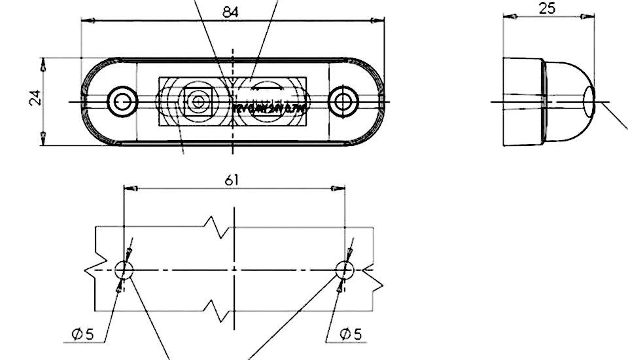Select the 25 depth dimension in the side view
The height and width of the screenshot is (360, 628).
pos(546,8)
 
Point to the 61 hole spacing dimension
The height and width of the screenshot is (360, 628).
pos(232,180)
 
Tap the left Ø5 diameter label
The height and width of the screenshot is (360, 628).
pos(83,334)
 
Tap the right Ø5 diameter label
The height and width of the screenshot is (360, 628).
pos(351,334)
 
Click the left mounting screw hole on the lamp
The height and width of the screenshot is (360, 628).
pos(121,101)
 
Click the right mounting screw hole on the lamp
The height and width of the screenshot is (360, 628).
pos(341,101)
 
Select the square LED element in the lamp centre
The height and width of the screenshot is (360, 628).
pos(197,101)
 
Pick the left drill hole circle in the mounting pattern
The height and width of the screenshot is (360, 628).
pos(124,269)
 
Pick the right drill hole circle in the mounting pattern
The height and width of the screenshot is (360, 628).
pos(344,269)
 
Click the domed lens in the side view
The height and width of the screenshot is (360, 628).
pos(569,101)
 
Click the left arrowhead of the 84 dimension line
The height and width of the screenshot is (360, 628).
pos(86,20)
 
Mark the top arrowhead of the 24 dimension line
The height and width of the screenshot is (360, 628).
pos(43,63)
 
